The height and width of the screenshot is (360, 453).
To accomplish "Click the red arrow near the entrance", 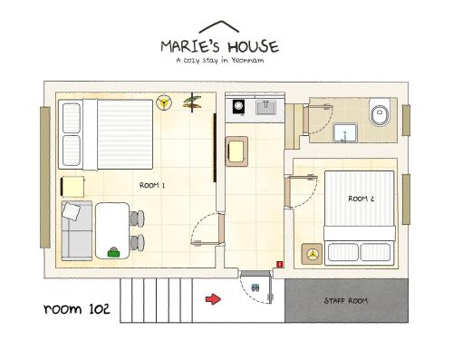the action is [213, 299].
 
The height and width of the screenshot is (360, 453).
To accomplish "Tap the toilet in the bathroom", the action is [380, 112].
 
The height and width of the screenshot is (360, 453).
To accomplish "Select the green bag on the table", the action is [113, 253].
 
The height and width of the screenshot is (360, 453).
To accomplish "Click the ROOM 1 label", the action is [152, 185].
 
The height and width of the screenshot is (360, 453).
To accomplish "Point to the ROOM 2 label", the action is [361, 199].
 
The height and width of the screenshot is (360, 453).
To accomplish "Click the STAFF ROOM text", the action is [346, 301].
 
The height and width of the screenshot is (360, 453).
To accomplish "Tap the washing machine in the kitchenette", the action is [238, 106].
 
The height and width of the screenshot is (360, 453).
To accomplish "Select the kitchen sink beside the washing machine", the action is [265, 108].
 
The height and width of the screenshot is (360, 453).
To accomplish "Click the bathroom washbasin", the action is [345, 132].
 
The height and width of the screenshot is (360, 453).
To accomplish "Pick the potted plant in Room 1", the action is [192, 102].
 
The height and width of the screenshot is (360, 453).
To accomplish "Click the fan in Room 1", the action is [164, 102].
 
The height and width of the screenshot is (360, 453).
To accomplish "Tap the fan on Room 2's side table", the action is [312, 254].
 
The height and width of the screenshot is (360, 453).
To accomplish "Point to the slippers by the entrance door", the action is [255, 287].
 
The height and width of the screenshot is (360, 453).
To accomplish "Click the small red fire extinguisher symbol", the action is [280, 265].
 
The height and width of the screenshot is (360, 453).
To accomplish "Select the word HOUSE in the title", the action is [253, 47].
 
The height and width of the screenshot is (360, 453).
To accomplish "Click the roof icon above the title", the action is [219, 26].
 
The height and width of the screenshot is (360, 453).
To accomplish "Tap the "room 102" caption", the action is [77, 308].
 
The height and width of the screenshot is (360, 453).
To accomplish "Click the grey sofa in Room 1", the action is [77, 230].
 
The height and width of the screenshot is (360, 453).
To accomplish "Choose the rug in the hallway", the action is [236, 151].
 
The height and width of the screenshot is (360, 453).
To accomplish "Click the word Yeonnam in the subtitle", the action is [247, 61].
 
